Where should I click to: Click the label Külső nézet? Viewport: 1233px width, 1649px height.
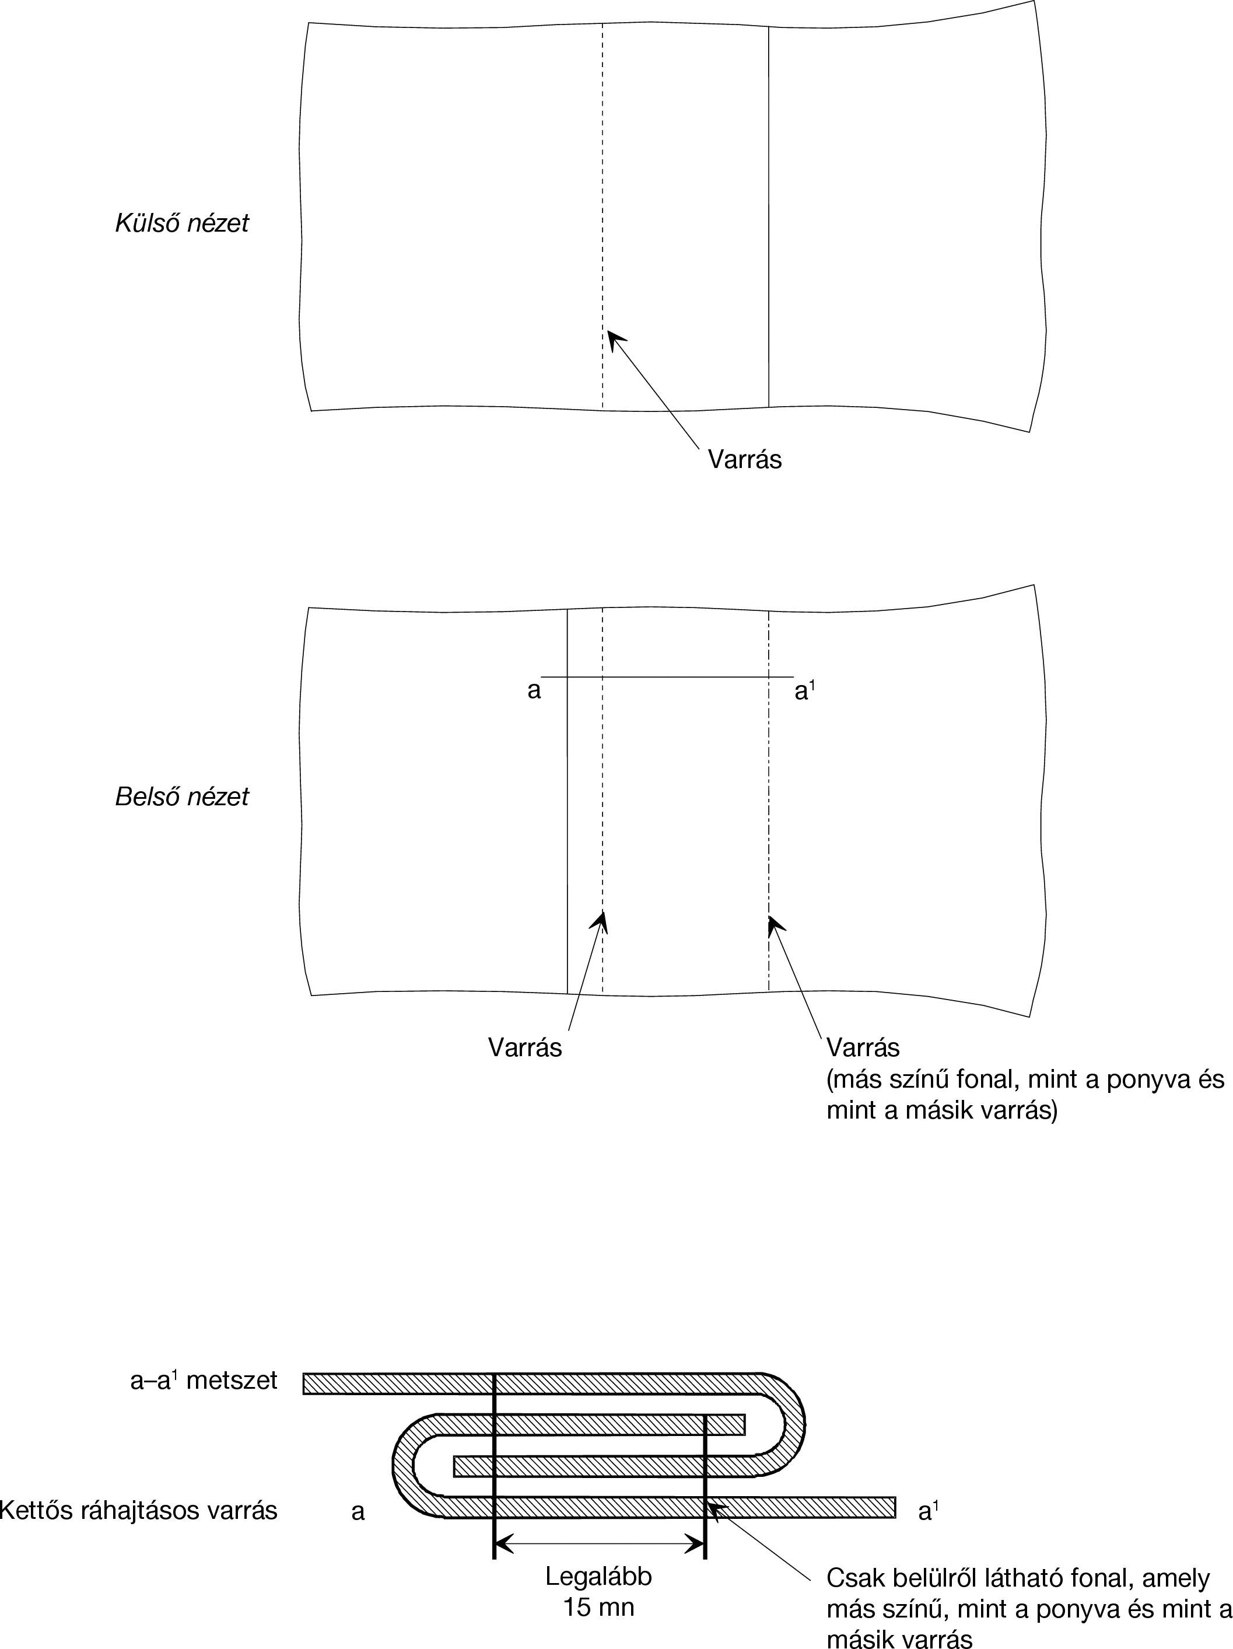click(x=182, y=223)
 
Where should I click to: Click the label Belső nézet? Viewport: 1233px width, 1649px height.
click(x=182, y=797)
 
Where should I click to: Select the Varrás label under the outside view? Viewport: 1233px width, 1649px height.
click(x=744, y=459)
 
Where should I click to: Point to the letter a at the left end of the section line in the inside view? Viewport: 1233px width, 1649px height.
click(x=534, y=691)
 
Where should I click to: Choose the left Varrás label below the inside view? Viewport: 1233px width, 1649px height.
click(x=524, y=1047)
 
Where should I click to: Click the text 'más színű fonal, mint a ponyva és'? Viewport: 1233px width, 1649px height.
click(x=1025, y=1079)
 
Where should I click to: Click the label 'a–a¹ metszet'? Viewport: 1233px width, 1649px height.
click(x=204, y=1381)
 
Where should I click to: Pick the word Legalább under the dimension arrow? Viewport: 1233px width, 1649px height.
click(x=598, y=1577)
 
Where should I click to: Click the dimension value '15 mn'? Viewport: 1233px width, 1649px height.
click(x=598, y=1606)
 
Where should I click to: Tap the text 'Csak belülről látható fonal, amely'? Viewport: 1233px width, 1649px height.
click(x=1018, y=1578)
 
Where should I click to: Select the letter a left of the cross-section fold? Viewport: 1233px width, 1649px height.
click(x=358, y=1512)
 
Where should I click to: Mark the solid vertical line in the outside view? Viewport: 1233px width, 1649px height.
click(x=769, y=216)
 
